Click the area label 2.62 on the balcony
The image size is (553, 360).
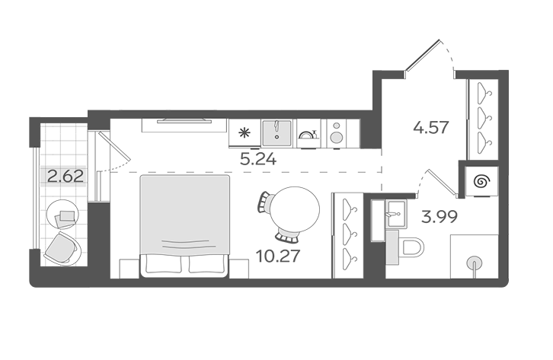(66, 176)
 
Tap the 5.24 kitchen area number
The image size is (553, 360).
(258, 160)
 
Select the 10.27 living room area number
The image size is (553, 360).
(278, 256)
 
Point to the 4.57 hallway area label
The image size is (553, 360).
(431, 127)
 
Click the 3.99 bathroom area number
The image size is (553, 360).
(440, 217)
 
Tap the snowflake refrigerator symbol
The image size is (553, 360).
(244, 133)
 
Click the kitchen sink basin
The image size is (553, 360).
(276, 133)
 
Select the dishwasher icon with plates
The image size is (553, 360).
(308, 134)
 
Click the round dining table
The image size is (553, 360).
(295, 209)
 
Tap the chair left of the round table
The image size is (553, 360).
(264, 202)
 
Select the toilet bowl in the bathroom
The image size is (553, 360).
(411, 247)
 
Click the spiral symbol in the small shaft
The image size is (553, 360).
(481, 182)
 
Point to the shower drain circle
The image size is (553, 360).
(475, 263)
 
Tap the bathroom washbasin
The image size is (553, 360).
(395, 214)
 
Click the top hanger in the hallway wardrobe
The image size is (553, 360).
(484, 92)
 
